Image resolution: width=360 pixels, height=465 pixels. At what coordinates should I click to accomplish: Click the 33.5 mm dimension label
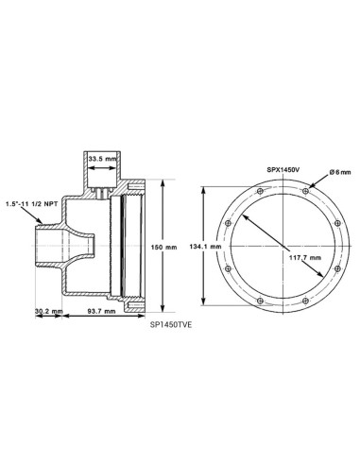pos(102,159)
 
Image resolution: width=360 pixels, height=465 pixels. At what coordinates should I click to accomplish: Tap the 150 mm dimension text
pos(163,247)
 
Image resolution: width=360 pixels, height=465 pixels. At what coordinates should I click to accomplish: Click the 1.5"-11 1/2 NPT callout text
pos(32,204)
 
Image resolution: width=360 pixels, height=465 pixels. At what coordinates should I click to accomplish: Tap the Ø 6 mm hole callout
pos(340,172)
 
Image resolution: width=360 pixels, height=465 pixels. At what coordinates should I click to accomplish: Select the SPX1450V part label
pos(283,169)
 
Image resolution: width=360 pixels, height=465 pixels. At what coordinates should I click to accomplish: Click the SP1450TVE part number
pos(171,325)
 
